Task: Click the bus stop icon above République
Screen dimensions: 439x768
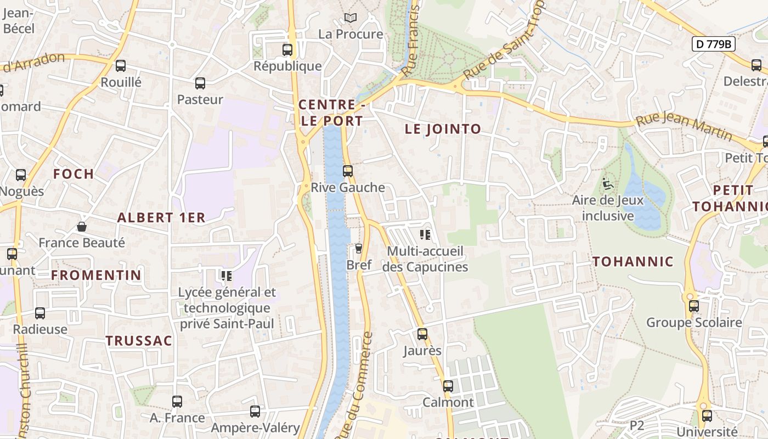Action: (x=287, y=50)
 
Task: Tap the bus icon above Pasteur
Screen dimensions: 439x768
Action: (x=200, y=83)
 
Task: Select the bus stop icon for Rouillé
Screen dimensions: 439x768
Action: (x=121, y=66)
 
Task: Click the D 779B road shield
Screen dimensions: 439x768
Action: (x=713, y=44)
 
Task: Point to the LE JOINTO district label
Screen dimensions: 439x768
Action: (x=443, y=129)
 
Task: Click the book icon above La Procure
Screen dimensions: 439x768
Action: (x=351, y=18)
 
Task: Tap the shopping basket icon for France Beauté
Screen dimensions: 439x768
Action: (x=82, y=227)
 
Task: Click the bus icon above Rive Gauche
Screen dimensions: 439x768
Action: (x=347, y=171)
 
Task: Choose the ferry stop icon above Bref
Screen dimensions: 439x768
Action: (x=359, y=249)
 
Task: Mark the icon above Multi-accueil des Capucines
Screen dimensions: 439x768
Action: (x=425, y=235)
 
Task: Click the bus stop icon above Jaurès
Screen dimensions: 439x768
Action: (x=422, y=334)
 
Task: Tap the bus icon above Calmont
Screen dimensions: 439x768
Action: (x=448, y=386)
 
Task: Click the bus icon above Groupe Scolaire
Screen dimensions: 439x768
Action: (x=693, y=306)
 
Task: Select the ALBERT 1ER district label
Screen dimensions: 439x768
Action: (x=161, y=218)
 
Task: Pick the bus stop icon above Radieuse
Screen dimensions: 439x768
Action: (x=40, y=313)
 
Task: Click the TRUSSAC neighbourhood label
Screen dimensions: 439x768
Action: (x=139, y=341)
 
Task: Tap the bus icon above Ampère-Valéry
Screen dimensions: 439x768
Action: (x=255, y=412)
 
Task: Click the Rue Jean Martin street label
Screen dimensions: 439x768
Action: (x=684, y=126)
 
